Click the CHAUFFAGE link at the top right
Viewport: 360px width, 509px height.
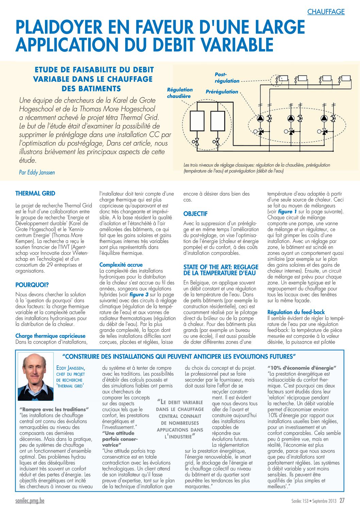pyautogui.click(x=326, y=12)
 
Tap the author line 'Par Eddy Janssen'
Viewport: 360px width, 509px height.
pyautogui.click(x=37, y=173)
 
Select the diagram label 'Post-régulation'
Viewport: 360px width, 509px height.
pyautogui.click(x=227, y=78)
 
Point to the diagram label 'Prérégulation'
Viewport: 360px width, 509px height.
pyautogui.click(x=222, y=92)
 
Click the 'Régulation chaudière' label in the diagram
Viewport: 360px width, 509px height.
pyautogui.click(x=179, y=93)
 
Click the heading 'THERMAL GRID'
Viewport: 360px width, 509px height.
pyautogui.click(x=35, y=193)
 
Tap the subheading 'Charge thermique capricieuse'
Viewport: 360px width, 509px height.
pyautogui.click(x=50, y=336)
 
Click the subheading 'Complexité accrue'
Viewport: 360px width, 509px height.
pyautogui.click(x=121, y=265)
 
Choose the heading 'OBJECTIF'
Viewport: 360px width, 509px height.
pyautogui.click(x=195, y=214)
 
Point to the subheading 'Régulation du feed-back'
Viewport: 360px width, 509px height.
pyautogui.click(x=296, y=312)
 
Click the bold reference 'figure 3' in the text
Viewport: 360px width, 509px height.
pyautogui.click(x=139, y=295)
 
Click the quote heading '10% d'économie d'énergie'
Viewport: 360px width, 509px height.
pyautogui.click(x=302, y=368)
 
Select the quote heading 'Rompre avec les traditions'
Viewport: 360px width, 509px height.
pyautogui.click(x=54, y=409)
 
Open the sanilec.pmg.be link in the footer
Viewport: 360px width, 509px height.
pyautogui.click(x=30, y=501)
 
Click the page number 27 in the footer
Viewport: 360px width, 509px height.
pyautogui.click(x=342, y=500)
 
